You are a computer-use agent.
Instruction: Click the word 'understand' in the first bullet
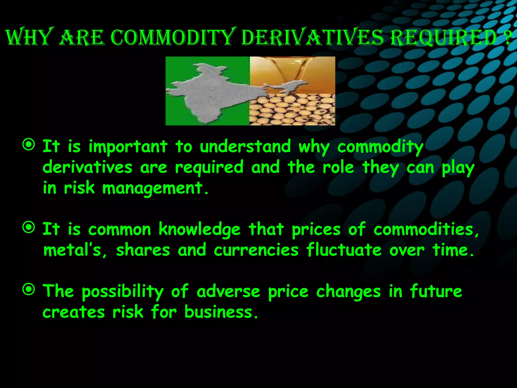pos(245,147)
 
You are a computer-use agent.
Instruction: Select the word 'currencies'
pos(256,250)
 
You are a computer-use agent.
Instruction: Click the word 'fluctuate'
pos(344,250)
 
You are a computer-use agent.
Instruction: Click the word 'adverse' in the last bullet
pos(228,292)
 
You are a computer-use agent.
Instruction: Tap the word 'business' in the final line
pos(219,312)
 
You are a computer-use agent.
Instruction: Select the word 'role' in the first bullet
pos(338,168)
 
